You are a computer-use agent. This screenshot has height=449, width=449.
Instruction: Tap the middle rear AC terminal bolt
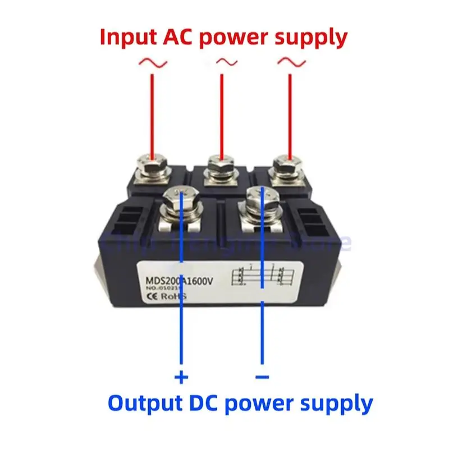click(x=221, y=167)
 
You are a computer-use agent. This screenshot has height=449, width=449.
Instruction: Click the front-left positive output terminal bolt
click(x=181, y=201)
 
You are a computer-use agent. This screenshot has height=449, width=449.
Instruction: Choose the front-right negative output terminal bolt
click(x=262, y=200)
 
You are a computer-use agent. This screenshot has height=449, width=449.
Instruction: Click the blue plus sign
click(x=181, y=377)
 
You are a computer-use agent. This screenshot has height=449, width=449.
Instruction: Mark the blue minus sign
click(x=262, y=377)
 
